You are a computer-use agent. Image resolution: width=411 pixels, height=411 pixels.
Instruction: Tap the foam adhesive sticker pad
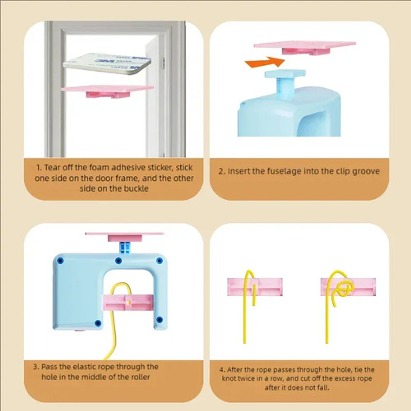coord(107,63)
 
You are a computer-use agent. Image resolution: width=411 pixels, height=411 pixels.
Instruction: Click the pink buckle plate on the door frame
coord(107,91)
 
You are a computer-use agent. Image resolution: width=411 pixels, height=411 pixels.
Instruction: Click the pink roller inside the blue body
coord(128,303)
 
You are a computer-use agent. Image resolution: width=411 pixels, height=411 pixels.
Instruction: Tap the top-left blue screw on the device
coord(60,260)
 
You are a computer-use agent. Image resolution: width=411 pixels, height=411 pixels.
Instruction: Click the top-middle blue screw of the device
coord(118,261)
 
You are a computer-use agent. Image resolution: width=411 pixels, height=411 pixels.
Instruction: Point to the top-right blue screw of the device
coord(159,261)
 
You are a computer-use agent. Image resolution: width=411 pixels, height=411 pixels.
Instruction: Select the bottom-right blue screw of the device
coord(159,319)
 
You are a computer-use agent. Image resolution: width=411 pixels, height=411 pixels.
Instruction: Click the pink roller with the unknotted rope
coord(255,287)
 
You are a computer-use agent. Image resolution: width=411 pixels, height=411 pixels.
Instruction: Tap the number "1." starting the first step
coord(39,168)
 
